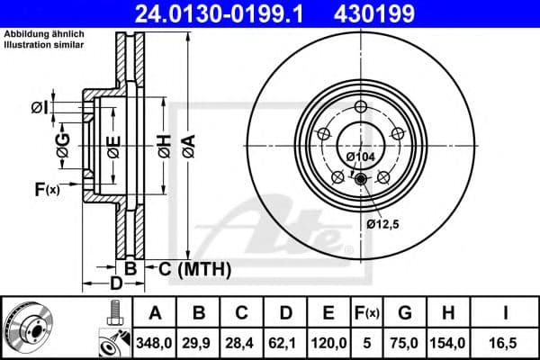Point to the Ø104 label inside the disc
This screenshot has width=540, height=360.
tap(361, 157)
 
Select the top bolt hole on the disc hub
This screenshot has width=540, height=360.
tap(362, 109)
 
